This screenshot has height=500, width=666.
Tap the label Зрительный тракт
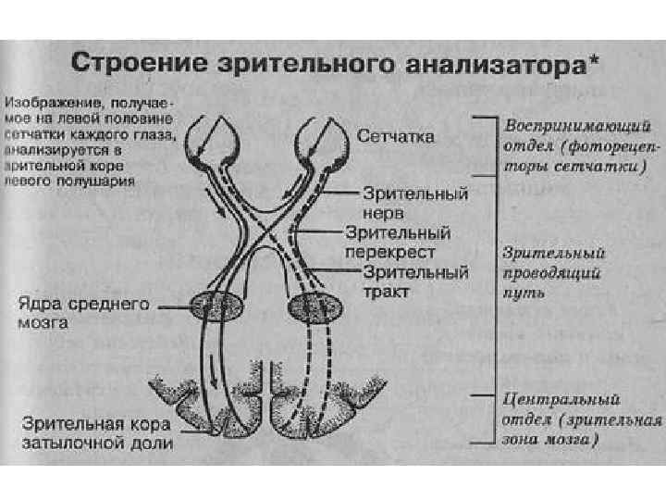415,281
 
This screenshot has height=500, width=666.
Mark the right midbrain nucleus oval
315,306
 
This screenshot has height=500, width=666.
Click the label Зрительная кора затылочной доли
98,434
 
